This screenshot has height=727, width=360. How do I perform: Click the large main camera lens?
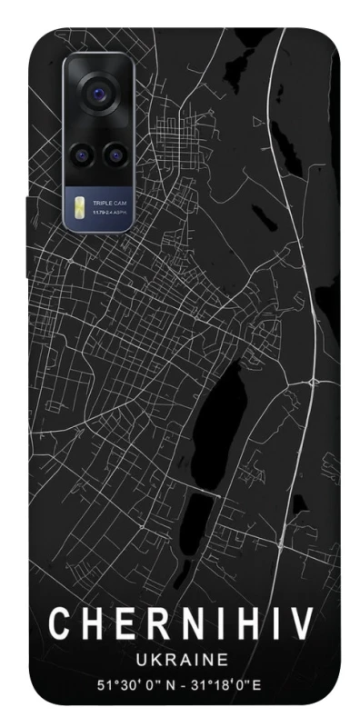pyautogui.click(x=97, y=93)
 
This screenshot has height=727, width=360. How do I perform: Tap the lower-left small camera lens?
pyautogui.click(x=82, y=154)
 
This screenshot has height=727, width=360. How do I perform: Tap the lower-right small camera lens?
pyautogui.click(x=114, y=154)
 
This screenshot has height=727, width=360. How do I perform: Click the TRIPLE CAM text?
pyautogui.click(x=110, y=203)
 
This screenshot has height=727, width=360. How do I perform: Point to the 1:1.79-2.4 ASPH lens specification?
pyautogui.click(x=110, y=212)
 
